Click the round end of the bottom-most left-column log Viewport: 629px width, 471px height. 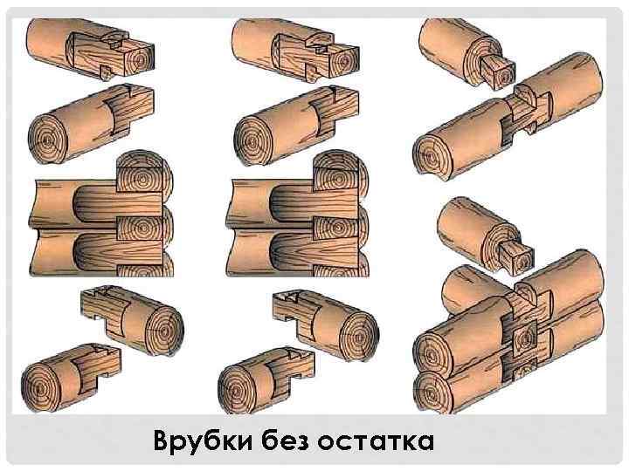pos(47,384)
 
